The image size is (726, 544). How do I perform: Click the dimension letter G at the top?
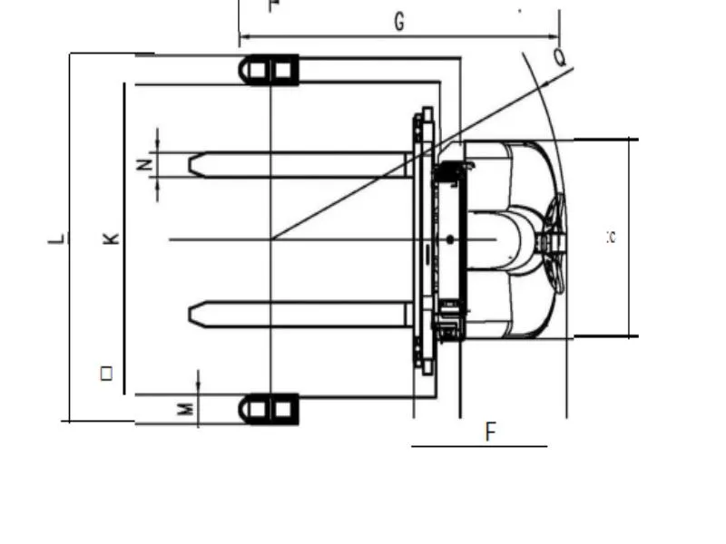click(x=399, y=23)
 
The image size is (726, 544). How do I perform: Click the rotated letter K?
click(x=111, y=238)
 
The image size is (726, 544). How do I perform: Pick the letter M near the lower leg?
click(x=185, y=409)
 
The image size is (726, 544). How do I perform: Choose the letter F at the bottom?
click(x=491, y=432)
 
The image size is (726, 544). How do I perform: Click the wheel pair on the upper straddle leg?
click(x=270, y=70)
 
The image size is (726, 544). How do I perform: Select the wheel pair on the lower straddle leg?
click(x=270, y=409)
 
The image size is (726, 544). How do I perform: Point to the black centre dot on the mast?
click(x=450, y=239)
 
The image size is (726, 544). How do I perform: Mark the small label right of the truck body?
click(x=611, y=238)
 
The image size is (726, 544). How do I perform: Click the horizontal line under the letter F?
click(x=479, y=446)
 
